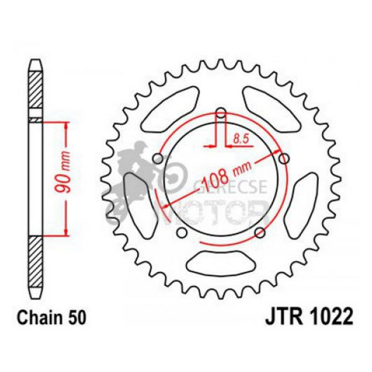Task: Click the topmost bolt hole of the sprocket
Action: (x=221, y=114)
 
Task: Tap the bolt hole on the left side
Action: (x=157, y=159)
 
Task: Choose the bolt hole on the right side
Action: (x=285, y=158)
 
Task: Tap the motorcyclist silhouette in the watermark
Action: (x=138, y=179)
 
